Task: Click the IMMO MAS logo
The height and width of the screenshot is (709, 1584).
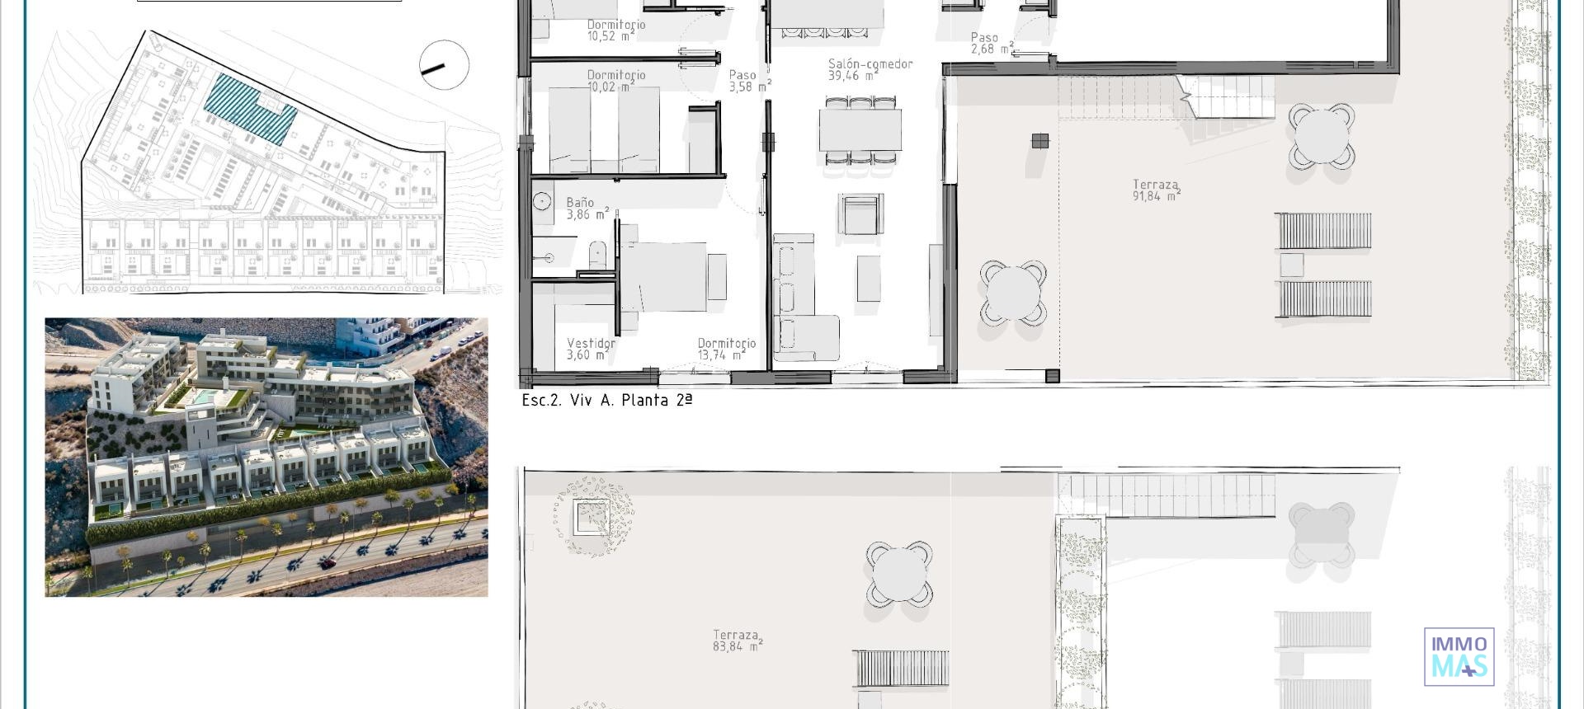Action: [x=1459, y=656]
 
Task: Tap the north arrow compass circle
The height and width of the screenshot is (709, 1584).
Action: [x=444, y=65]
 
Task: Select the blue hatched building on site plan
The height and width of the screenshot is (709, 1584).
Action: [x=248, y=108]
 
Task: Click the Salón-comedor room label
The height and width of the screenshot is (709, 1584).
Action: [x=870, y=69]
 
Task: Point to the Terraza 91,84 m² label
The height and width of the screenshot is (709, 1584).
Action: [x=1155, y=190]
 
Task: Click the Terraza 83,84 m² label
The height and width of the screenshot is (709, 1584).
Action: [x=737, y=641]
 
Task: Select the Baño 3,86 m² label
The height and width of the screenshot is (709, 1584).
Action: [x=586, y=209]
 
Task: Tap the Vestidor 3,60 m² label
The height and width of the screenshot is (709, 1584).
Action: [x=590, y=349]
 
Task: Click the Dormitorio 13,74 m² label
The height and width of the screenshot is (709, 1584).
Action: [x=725, y=349]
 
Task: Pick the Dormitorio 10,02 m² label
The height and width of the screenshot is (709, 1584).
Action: [x=615, y=80]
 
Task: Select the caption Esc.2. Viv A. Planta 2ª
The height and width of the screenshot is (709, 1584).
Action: [x=606, y=401]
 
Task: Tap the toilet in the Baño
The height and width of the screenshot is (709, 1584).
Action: [x=597, y=255]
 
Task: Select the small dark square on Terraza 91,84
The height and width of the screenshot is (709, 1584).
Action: [x=1039, y=141]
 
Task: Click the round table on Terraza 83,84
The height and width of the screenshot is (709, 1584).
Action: [x=898, y=573]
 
